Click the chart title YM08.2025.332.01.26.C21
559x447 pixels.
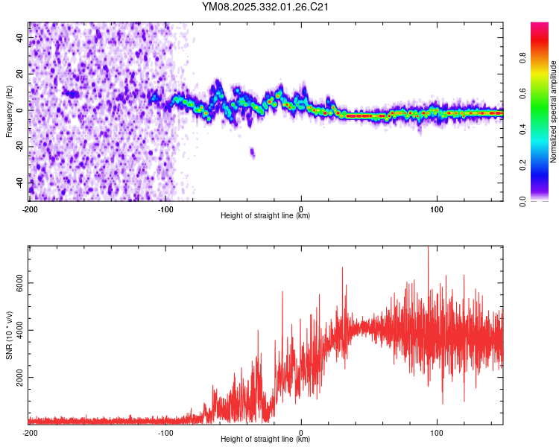(266, 7)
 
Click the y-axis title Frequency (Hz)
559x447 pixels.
(9, 112)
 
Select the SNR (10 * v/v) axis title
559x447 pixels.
(9, 335)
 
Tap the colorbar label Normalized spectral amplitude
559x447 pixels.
(554, 112)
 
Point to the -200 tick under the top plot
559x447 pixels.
(30, 208)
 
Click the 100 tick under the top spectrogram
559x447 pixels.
(438, 208)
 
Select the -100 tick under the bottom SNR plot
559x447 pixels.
(165, 432)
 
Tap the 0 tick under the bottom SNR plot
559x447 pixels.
(301, 432)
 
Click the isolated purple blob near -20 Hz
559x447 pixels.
(252, 153)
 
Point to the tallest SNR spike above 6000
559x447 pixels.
(428, 250)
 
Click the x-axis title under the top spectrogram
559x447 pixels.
(266, 216)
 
